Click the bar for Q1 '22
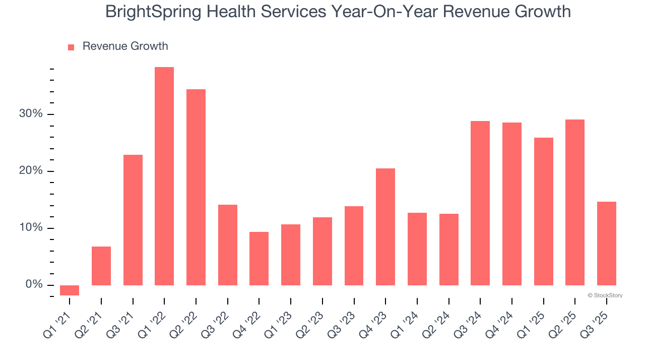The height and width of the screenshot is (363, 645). point(164,176)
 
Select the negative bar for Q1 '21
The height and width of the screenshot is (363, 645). point(70,290)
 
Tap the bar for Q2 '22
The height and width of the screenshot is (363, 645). point(196,187)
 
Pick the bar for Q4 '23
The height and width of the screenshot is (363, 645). point(385,227)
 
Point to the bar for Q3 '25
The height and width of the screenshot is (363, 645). point(607,244)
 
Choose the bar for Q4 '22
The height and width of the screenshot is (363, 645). point(259,259)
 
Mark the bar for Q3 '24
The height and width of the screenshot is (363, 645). point(480,203)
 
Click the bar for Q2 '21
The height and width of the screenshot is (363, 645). point(101,266)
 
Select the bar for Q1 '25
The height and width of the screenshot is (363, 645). point(544,211)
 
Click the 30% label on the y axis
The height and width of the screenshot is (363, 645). point(31,114)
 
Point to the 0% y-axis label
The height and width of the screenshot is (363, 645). point(34,285)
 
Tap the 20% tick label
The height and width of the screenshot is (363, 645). point(31,171)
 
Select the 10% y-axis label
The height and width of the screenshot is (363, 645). point(31,228)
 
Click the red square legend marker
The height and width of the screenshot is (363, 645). point(71,47)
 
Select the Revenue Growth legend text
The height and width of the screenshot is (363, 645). point(125,46)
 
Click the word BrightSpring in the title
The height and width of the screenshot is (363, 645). point(151,12)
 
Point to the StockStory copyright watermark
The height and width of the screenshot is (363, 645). point(605,295)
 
